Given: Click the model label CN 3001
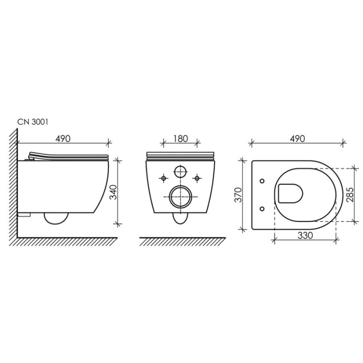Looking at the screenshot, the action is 33,122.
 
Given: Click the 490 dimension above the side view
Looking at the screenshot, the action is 63,139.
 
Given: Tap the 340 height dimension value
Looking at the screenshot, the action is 113,192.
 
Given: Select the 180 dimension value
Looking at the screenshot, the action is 180,139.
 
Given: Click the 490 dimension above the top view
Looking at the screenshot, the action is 298,139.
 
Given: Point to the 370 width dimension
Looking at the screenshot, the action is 238,195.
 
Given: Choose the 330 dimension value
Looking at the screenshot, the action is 305,236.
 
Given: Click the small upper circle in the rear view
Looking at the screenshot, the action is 180,172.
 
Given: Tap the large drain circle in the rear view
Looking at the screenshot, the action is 180,196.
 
